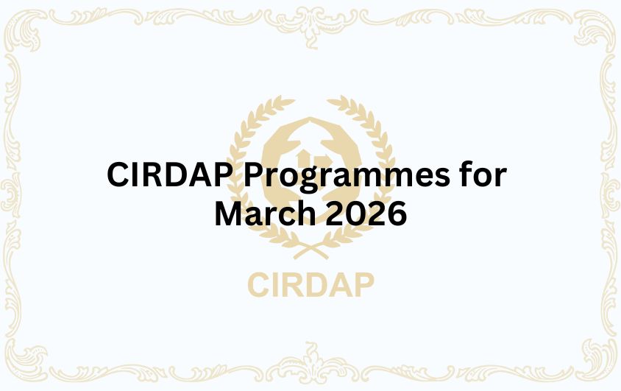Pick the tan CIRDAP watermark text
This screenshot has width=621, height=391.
[x=310, y=284]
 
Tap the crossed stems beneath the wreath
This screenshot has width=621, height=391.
[x=310, y=249]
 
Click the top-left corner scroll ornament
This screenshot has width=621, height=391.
[x=29, y=29]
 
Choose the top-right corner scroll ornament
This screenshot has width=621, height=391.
[x=592, y=29]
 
